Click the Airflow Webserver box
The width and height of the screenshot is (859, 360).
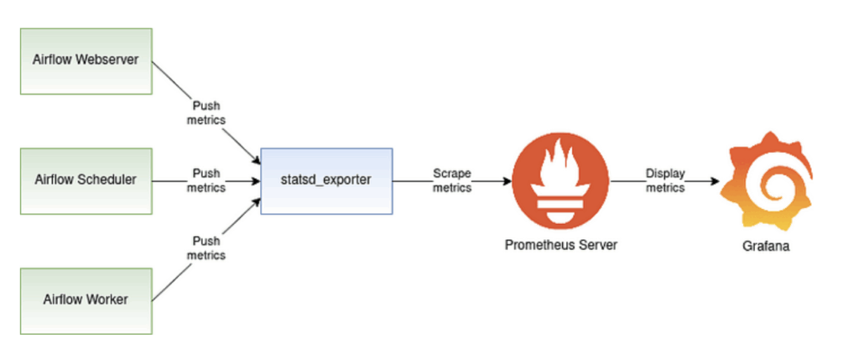click(86, 60)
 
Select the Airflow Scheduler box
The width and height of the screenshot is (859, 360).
click(86, 180)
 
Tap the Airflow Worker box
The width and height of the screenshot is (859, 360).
click(86, 300)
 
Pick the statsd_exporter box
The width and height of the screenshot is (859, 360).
click(326, 180)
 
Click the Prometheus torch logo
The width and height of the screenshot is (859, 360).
click(560, 179)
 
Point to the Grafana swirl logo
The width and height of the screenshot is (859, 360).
click(766, 180)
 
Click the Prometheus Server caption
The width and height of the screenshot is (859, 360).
click(560, 244)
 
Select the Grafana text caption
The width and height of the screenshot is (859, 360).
click(766, 247)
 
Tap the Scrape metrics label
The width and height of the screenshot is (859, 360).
click(452, 180)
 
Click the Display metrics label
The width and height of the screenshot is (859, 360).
click(665, 180)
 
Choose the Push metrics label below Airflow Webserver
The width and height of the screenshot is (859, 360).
click(206, 114)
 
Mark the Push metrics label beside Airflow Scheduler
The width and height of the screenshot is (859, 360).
click(206, 180)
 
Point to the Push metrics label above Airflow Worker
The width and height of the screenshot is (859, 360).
click(206, 248)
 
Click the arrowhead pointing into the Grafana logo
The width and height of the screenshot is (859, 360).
click(716, 180)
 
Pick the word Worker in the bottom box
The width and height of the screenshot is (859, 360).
click(107, 300)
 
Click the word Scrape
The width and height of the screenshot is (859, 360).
click(452, 174)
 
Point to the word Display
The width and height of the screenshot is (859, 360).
click(665, 174)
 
